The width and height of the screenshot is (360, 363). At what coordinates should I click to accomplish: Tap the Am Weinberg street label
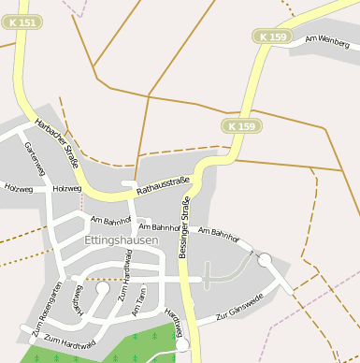tap(327, 41)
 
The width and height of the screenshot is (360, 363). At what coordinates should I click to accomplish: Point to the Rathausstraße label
tap(163, 185)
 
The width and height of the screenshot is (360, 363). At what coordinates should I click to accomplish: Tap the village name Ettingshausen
tap(122, 240)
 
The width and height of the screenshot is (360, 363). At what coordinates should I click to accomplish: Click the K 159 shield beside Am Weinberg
tap(274, 36)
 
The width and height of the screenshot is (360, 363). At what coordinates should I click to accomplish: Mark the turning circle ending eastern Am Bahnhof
tap(265, 259)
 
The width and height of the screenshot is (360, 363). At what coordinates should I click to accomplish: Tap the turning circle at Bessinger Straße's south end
tap(181, 345)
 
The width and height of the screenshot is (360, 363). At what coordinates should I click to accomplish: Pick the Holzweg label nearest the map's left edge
tap(18, 188)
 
